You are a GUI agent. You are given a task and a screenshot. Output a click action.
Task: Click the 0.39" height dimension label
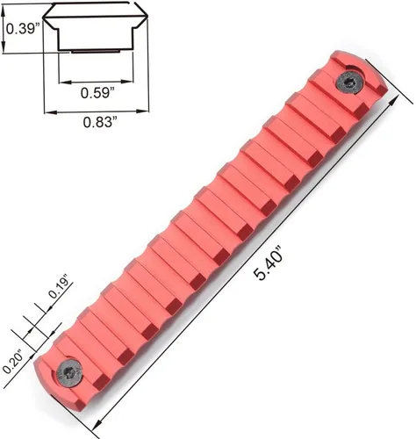point(23,29)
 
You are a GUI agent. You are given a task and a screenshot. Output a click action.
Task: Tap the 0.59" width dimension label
point(97,93)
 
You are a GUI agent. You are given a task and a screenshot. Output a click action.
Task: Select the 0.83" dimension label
point(98,122)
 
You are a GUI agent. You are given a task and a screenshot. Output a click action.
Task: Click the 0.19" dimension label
point(60,286)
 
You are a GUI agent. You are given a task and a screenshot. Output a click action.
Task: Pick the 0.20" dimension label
point(13,362)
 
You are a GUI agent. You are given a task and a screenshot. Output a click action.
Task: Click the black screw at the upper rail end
point(349,83)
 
